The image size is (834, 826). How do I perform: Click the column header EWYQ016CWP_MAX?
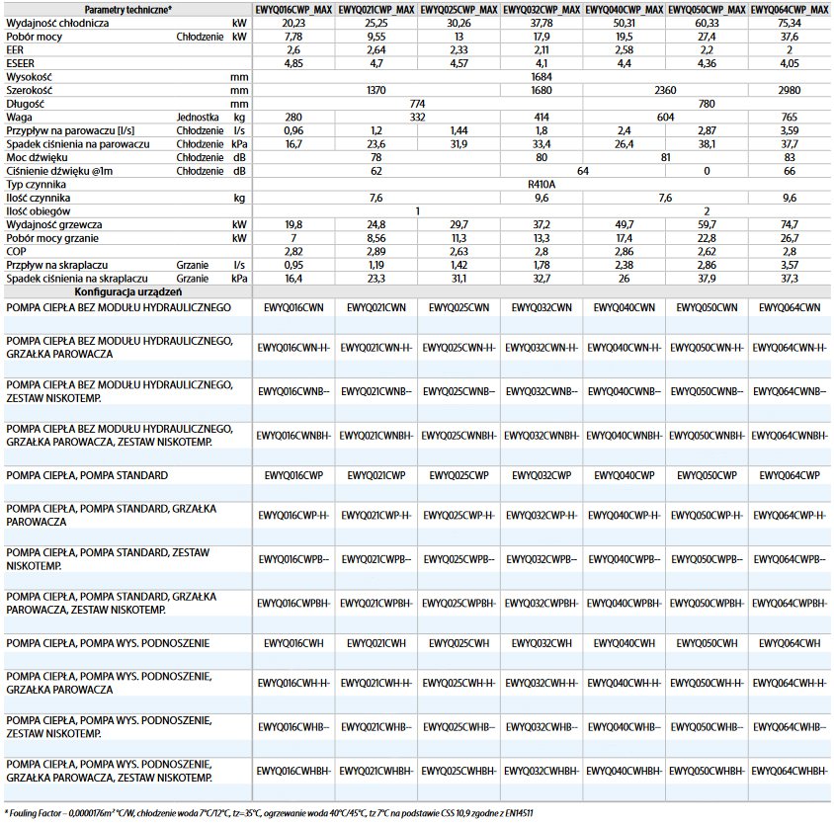pyautogui.click(x=294, y=8)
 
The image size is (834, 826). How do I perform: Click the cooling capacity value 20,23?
pyautogui.click(x=294, y=21)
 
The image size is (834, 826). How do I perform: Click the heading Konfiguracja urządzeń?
pyautogui.click(x=127, y=292)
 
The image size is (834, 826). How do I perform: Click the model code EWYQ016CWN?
pyautogui.click(x=294, y=308)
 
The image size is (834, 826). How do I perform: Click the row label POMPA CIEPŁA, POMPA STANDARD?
pyautogui.click(x=87, y=475)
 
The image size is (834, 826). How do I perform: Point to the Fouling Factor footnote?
pyautogui.click(x=270, y=813)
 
